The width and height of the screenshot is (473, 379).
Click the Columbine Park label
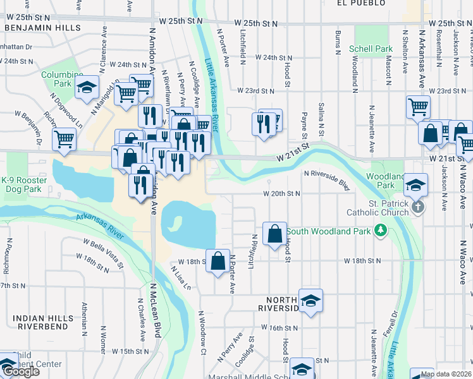point(62,79)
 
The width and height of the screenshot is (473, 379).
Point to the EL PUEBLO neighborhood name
point(360,3)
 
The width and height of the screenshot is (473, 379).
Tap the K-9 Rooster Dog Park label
point(23,184)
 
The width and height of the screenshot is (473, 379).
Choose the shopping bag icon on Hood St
point(275,234)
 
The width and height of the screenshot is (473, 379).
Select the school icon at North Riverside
point(310,301)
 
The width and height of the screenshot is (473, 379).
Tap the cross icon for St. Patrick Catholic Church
point(417,207)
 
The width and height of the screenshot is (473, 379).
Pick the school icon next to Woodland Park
point(416,185)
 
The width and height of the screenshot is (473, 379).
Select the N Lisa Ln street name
point(180,277)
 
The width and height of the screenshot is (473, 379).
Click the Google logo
point(20,371)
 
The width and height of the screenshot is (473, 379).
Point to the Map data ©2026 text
point(446,374)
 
